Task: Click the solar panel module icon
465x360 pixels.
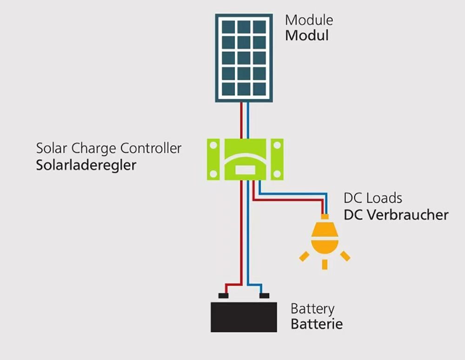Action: (x=244, y=58)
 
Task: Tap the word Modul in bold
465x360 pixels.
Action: (x=307, y=35)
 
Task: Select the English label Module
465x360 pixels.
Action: (x=309, y=20)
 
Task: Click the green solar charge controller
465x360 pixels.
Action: (x=244, y=158)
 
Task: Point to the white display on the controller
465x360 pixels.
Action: (x=245, y=170)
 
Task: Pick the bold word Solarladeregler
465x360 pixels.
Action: (x=86, y=165)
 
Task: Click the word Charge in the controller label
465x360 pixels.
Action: (x=94, y=149)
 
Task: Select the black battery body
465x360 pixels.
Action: (x=244, y=317)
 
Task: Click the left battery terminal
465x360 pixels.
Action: (x=224, y=295)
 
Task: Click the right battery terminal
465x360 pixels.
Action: (x=264, y=295)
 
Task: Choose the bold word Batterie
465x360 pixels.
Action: (x=317, y=324)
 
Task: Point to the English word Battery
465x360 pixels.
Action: (x=312, y=308)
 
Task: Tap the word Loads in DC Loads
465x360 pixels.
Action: (x=384, y=198)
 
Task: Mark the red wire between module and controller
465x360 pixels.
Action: (x=241, y=120)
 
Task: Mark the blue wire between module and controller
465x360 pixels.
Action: (x=248, y=120)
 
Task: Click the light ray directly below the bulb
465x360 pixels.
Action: (x=325, y=264)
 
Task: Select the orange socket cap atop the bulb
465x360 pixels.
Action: (x=325, y=217)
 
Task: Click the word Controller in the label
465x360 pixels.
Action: (x=151, y=149)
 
